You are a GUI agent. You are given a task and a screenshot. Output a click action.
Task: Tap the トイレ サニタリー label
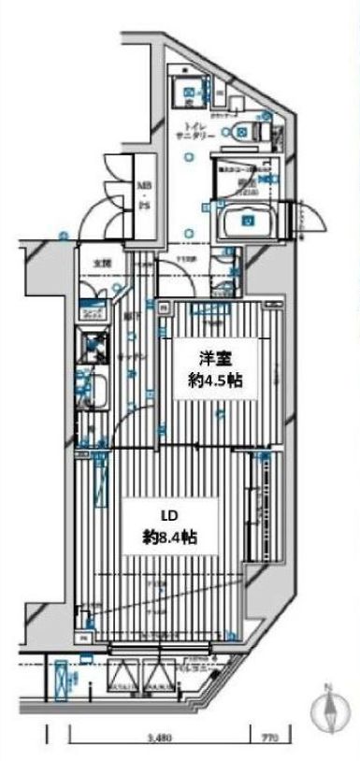coord(195,130)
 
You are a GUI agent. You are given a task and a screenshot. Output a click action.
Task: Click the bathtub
coord(250,222)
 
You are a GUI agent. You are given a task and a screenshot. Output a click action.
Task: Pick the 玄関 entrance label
coord(99,263)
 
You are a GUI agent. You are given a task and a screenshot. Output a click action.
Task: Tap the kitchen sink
coord(96,392)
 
